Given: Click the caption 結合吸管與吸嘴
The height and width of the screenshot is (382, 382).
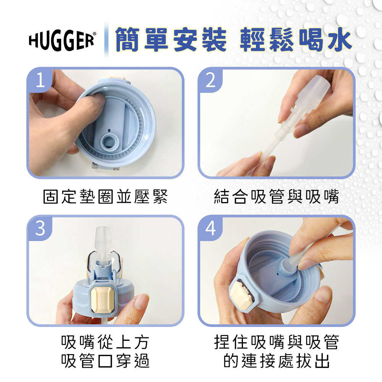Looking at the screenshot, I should pyautogui.click(x=277, y=197).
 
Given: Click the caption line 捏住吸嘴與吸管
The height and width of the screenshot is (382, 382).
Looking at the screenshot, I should pyautogui.click(x=277, y=342).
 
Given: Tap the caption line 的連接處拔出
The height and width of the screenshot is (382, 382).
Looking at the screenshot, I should pyautogui.click(x=277, y=361).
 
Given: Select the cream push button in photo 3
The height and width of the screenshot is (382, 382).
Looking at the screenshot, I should pyautogui.click(x=102, y=297).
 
